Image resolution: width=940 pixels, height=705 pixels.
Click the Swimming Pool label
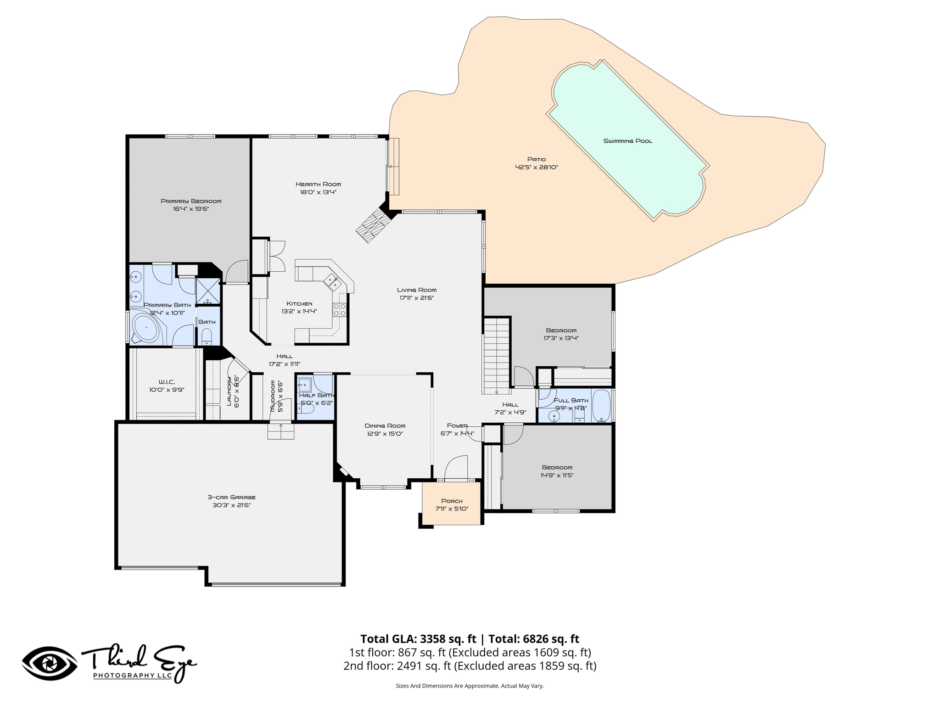coord(627,141)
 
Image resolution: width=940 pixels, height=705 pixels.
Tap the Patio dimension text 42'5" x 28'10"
coord(536,168)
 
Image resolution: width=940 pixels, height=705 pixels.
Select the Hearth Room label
coord(318,185)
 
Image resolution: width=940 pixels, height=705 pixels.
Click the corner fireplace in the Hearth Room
coord(374,224)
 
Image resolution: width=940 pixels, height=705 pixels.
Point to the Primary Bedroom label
coord(191,201)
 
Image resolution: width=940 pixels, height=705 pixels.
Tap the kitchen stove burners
coord(340,310)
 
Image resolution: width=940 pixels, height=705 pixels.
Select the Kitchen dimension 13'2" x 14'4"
coord(299,311)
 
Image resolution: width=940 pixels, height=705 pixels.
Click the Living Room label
coord(417,290)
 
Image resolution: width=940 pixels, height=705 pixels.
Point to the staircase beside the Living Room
coord(497,355)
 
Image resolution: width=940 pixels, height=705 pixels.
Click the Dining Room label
coord(385,426)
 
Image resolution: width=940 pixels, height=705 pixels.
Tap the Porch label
coord(452,501)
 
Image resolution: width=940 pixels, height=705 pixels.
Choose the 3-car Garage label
coord(231,497)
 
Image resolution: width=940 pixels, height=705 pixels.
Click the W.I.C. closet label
coord(167,382)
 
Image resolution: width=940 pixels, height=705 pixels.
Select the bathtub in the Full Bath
coord(601,406)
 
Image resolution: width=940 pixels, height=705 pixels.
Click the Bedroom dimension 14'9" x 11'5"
coord(557,476)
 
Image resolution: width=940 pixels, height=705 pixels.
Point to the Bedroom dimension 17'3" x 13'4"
coord(561,338)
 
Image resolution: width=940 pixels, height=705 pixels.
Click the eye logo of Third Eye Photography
coord(50,663)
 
